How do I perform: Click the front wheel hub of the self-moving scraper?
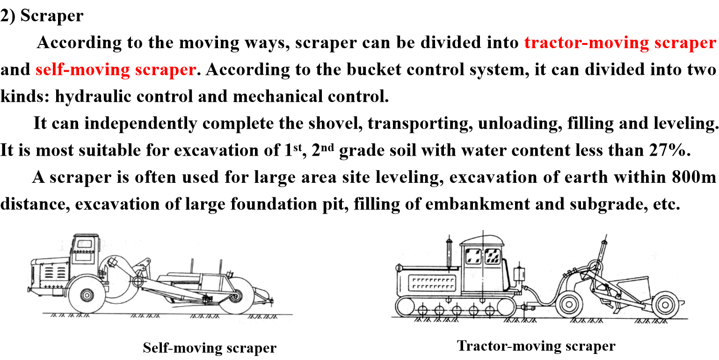point(87,295)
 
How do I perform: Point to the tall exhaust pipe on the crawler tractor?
point(449,255)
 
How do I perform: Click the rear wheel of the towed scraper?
point(664,305)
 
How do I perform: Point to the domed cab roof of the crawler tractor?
point(482,239)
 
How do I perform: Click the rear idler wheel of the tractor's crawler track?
point(506,308)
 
